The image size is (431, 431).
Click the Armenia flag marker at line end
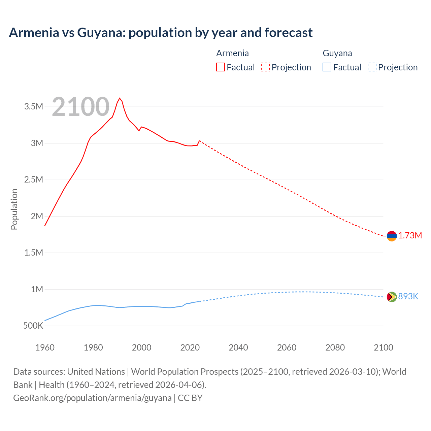pos(392,236)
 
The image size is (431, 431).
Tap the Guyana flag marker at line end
pos(392,297)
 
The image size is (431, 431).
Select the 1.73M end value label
pos(410,235)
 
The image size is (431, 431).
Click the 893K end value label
pos(408,296)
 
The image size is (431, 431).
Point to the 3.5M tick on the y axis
pos(34,107)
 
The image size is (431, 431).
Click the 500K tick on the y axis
pos(33,326)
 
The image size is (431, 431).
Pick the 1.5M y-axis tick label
pos(34,253)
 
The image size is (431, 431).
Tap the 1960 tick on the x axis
pos(45,347)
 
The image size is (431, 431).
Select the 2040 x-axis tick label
pos(238,347)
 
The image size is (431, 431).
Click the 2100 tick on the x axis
pos(383,347)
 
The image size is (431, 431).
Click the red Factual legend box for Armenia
pos(221,67)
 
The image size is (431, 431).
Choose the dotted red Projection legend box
pos(265,67)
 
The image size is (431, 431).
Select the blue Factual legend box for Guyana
pos(327,67)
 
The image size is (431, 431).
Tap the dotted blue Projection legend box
pos(372,67)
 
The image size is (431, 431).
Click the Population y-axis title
pos(14,209)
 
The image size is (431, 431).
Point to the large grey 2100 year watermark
pos(80,107)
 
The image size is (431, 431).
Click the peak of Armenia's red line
pos(120,98)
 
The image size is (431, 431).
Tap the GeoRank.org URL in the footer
pos(92,398)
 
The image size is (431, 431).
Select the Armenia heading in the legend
pos(232,53)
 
